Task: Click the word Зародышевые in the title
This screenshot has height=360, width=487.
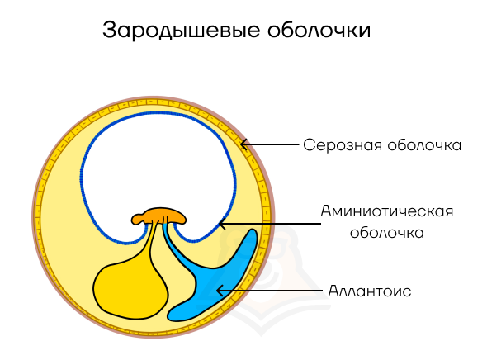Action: pos(181,31)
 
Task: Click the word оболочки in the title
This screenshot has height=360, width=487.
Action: pos(319,30)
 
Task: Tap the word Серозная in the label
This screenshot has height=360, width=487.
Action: pos(343,145)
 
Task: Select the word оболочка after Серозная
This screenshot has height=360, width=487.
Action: pos(424,145)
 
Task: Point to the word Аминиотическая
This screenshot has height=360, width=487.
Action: pos(387,211)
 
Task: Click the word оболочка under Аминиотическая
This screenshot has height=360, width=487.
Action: pos(387,233)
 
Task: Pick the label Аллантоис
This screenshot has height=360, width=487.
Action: pos(370,291)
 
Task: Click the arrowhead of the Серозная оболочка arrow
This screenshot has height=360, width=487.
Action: pos(244,144)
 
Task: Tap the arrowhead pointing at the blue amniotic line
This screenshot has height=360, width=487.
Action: pos(222,224)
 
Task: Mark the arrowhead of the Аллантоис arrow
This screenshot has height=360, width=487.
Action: pos(220,291)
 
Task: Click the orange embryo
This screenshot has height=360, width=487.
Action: pos(158,216)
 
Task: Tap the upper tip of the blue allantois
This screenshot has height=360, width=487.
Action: pos(253,231)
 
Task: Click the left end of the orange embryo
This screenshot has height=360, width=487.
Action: pos(132,219)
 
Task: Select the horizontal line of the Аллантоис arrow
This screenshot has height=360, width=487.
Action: pos(270,291)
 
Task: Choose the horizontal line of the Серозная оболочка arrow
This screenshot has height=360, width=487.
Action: pos(270,144)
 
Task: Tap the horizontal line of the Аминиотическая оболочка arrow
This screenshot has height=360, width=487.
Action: pos(270,224)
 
